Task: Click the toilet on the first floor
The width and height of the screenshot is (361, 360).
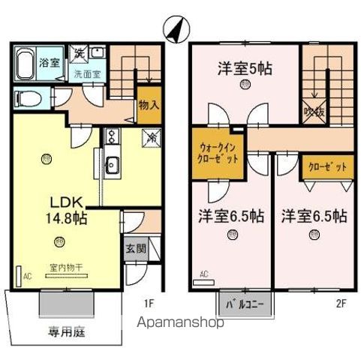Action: coord(28,97)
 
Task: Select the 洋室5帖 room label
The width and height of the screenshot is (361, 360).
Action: coord(245,67)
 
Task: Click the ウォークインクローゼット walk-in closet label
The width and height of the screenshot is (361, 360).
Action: coord(220,154)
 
